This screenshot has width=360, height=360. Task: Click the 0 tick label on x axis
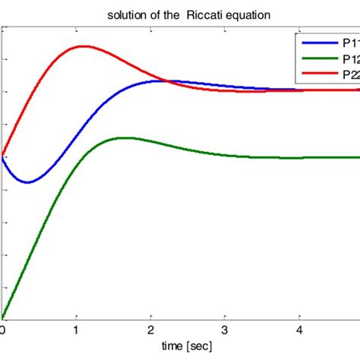click(3, 330)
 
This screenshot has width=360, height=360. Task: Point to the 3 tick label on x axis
click(225, 330)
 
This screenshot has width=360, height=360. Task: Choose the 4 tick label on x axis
click(298, 330)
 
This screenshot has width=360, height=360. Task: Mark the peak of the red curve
click(83, 46)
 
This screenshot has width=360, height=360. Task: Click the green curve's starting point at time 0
click(3, 317)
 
